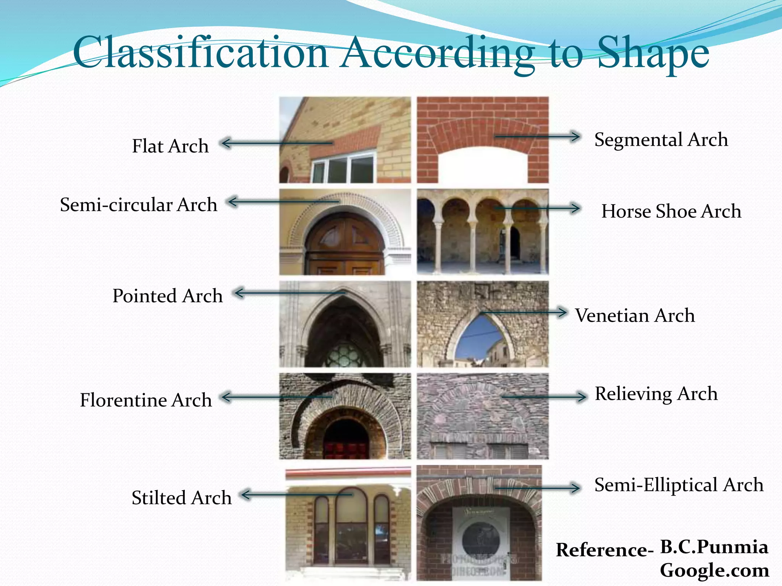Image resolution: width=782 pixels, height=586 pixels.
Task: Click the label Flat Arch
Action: (170, 146)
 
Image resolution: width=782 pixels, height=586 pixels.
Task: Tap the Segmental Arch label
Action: (661, 140)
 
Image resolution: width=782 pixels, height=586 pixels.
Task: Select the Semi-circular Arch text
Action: (139, 205)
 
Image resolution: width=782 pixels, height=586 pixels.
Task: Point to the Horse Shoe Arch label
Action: (671, 211)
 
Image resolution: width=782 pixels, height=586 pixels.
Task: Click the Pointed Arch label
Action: (167, 296)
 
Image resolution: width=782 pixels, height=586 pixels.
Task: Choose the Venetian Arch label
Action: (635, 316)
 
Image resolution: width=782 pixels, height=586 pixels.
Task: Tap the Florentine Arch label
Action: (146, 400)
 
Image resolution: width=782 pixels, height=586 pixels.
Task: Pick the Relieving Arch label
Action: (656, 394)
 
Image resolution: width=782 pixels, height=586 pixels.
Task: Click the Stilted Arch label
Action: (182, 498)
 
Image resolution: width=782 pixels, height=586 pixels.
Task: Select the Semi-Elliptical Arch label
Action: (679, 485)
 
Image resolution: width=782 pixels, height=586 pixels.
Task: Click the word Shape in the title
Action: (653, 53)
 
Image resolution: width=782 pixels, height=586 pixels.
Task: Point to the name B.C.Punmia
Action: (714, 547)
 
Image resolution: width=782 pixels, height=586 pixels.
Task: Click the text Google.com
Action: (714, 570)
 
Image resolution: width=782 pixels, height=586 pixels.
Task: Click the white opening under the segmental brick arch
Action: (483, 166)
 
